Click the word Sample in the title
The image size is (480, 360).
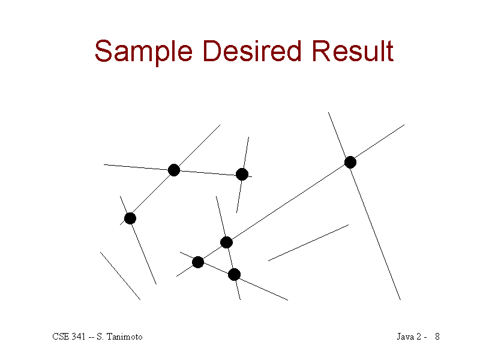pyautogui.click(x=143, y=52)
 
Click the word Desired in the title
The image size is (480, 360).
pyautogui.click(x=251, y=51)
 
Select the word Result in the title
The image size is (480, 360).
pyautogui.click(x=352, y=51)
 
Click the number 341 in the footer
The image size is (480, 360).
pyautogui.click(x=79, y=337)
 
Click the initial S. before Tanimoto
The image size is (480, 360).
pyautogui.click(x=100, y=337)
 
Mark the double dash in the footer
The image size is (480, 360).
pyautogui.click(x=91, y=337)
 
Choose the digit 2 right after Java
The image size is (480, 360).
pyautogui.click(x=419, y=337)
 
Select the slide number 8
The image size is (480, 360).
pyautogui.click(x=437, y=337)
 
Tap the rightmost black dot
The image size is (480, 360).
pyautogui.click(x=350, y=162)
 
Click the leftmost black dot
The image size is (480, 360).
pyautogui.click(x=130, y=218)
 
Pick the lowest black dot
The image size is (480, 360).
pyautogui.click(x=234, y=275)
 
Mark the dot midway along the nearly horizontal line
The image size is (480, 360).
pyautogui.click(x=174, y=170)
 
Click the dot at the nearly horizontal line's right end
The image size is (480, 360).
pyautogui.click(x=242, y=174)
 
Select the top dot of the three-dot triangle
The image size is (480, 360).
pyautogui.click(x=226, y=242)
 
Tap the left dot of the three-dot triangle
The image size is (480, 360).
pyautogui.click(x=198, y=262)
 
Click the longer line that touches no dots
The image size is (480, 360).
pyautogui.click(x=308, y=243)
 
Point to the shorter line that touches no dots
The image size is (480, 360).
pyautogui.click(x=121, y=276)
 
